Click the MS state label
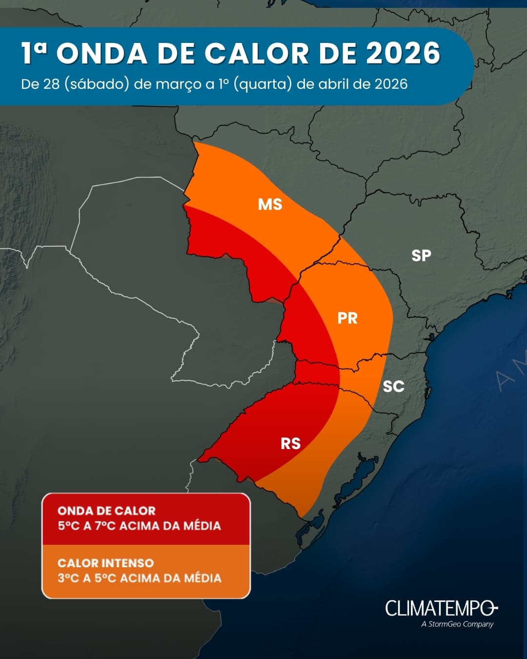click(270, 204)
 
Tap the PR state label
click(347, 318)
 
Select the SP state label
click(421, 255)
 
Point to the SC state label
click(393, 386)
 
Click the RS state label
click(290, 443)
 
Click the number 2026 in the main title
click(403, 53)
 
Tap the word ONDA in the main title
click(102, 53)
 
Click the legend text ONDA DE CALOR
click(106, 511)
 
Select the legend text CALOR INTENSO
click(105, 563)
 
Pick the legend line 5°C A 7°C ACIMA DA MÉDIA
click(139, 526)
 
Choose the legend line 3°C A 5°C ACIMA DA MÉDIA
click(139, 578)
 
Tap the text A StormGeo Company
click(457, 624)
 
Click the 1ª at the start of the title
click(34, 53)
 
